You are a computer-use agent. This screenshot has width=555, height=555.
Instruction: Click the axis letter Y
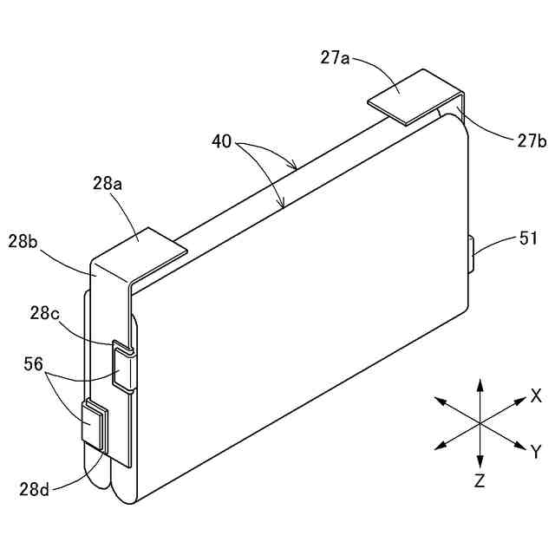coord(536,451)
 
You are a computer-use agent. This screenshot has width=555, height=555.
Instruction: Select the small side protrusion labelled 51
coord(472,253)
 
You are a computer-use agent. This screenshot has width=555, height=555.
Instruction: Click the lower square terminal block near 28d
coord(94,425)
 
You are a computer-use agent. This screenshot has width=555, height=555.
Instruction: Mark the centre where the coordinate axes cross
coord(480,422)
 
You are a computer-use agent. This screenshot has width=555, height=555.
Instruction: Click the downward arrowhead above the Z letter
coord(480,460)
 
